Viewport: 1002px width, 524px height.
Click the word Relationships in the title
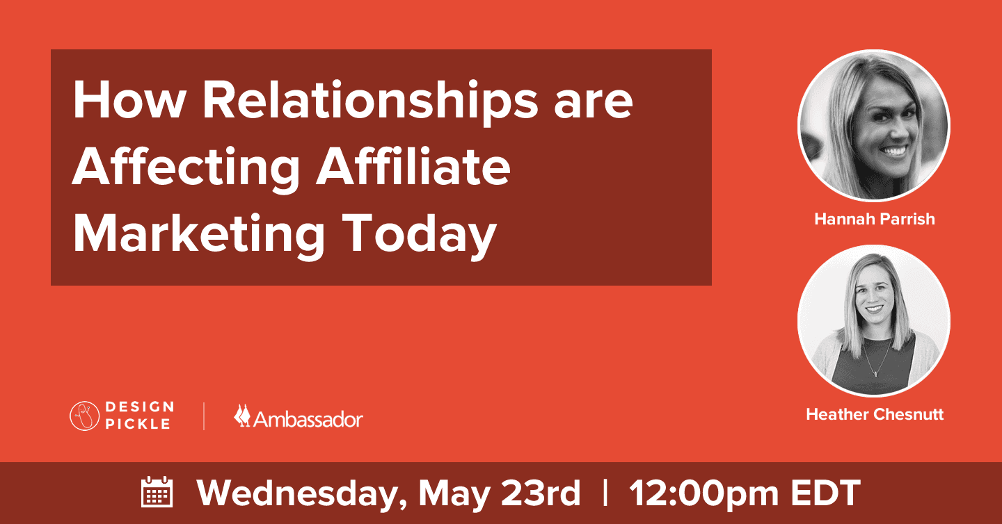369,101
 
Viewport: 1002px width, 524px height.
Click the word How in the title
127,101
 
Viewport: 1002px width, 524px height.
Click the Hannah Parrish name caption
874,220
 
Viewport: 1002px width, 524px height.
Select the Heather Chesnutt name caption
874,415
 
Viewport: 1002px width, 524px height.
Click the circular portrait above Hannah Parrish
874,126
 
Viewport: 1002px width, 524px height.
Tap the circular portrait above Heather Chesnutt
874,320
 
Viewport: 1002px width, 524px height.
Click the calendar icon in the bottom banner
157,493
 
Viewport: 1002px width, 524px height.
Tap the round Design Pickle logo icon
85,416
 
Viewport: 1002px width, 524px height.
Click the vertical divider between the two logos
204,416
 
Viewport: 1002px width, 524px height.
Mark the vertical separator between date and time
605,493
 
